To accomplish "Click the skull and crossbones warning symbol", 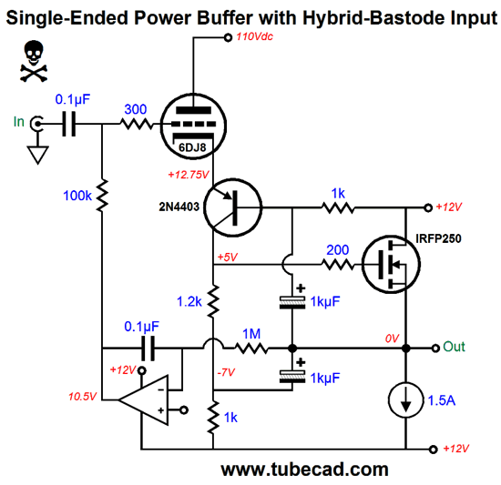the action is coord(34,61).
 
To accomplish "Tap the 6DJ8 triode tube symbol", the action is coord(193,126).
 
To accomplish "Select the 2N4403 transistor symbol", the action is coord(232,207).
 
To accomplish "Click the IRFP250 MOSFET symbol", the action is coord(391,264).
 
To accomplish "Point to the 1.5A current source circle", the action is coord(405,399).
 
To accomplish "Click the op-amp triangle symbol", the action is coord(144,399).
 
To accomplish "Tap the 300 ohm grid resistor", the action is coord(137,124).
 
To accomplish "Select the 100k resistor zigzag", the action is coord(102,196).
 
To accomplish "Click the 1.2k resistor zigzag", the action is coord(213,301).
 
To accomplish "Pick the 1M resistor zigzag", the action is coord(251,348).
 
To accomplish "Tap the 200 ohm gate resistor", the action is coord(338,264).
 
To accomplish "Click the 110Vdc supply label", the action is coord(255,36).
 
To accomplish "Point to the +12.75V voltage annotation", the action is coord(189,175).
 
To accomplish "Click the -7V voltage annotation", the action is coord(226,372).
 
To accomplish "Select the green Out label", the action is coord(454,347).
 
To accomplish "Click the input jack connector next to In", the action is coord(36,124).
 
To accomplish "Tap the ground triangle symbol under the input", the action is coord(37,155).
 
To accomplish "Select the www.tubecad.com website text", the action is coord(305,470).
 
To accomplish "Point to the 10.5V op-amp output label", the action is coord(82,397).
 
